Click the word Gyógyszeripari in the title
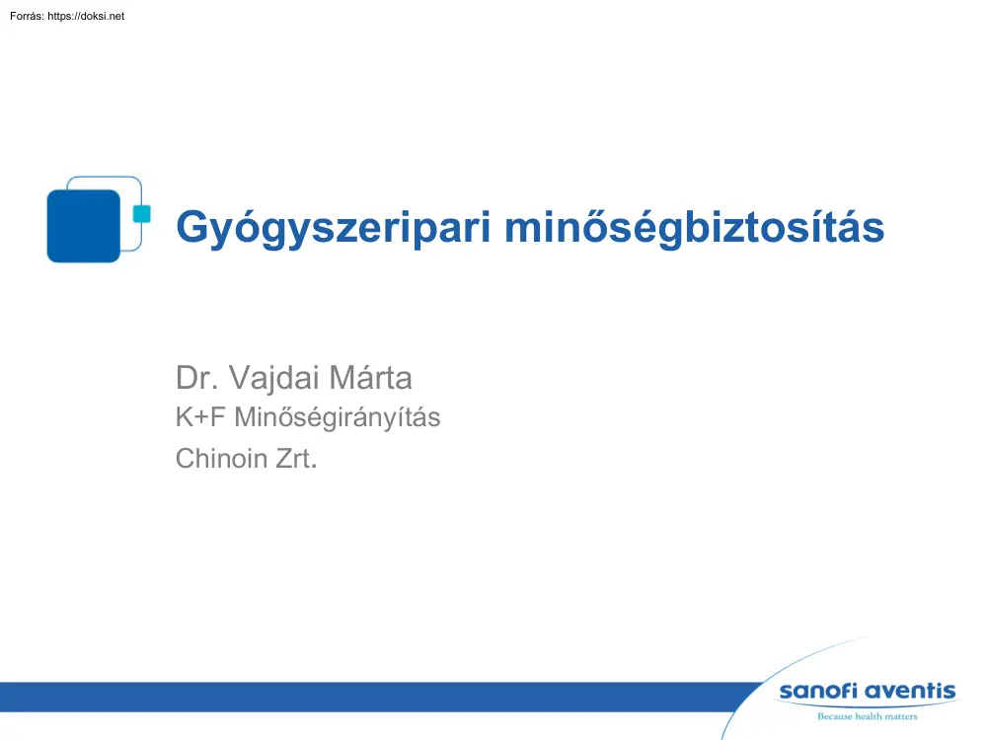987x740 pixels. click(x=334, y=228)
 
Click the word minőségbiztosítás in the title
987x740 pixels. click(x=694, y=228)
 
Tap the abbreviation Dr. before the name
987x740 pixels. click(x=194, y=378)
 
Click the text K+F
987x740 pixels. click(x=198, y=418)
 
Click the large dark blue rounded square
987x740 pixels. click(x=83, y=226)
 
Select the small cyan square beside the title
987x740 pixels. click(x=141, y=213)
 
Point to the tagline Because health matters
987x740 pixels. click(x=867, y=716)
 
